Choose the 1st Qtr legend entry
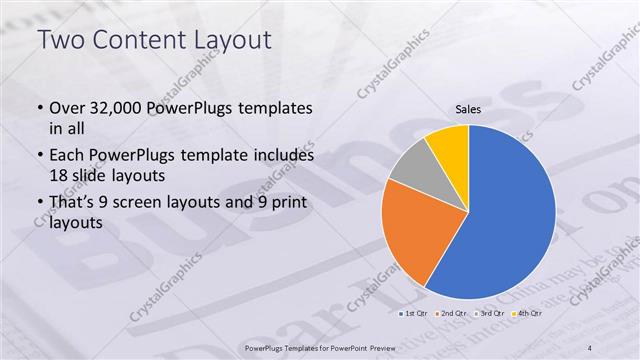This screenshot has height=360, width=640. [x=415, y=315]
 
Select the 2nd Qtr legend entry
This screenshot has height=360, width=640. [x=451, y=315]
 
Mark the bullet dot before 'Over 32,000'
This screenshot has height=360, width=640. [x=40, y=108]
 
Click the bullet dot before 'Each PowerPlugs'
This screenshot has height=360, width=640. [x=40, y=156]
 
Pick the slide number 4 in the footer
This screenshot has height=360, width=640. [x=591, y=346]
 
